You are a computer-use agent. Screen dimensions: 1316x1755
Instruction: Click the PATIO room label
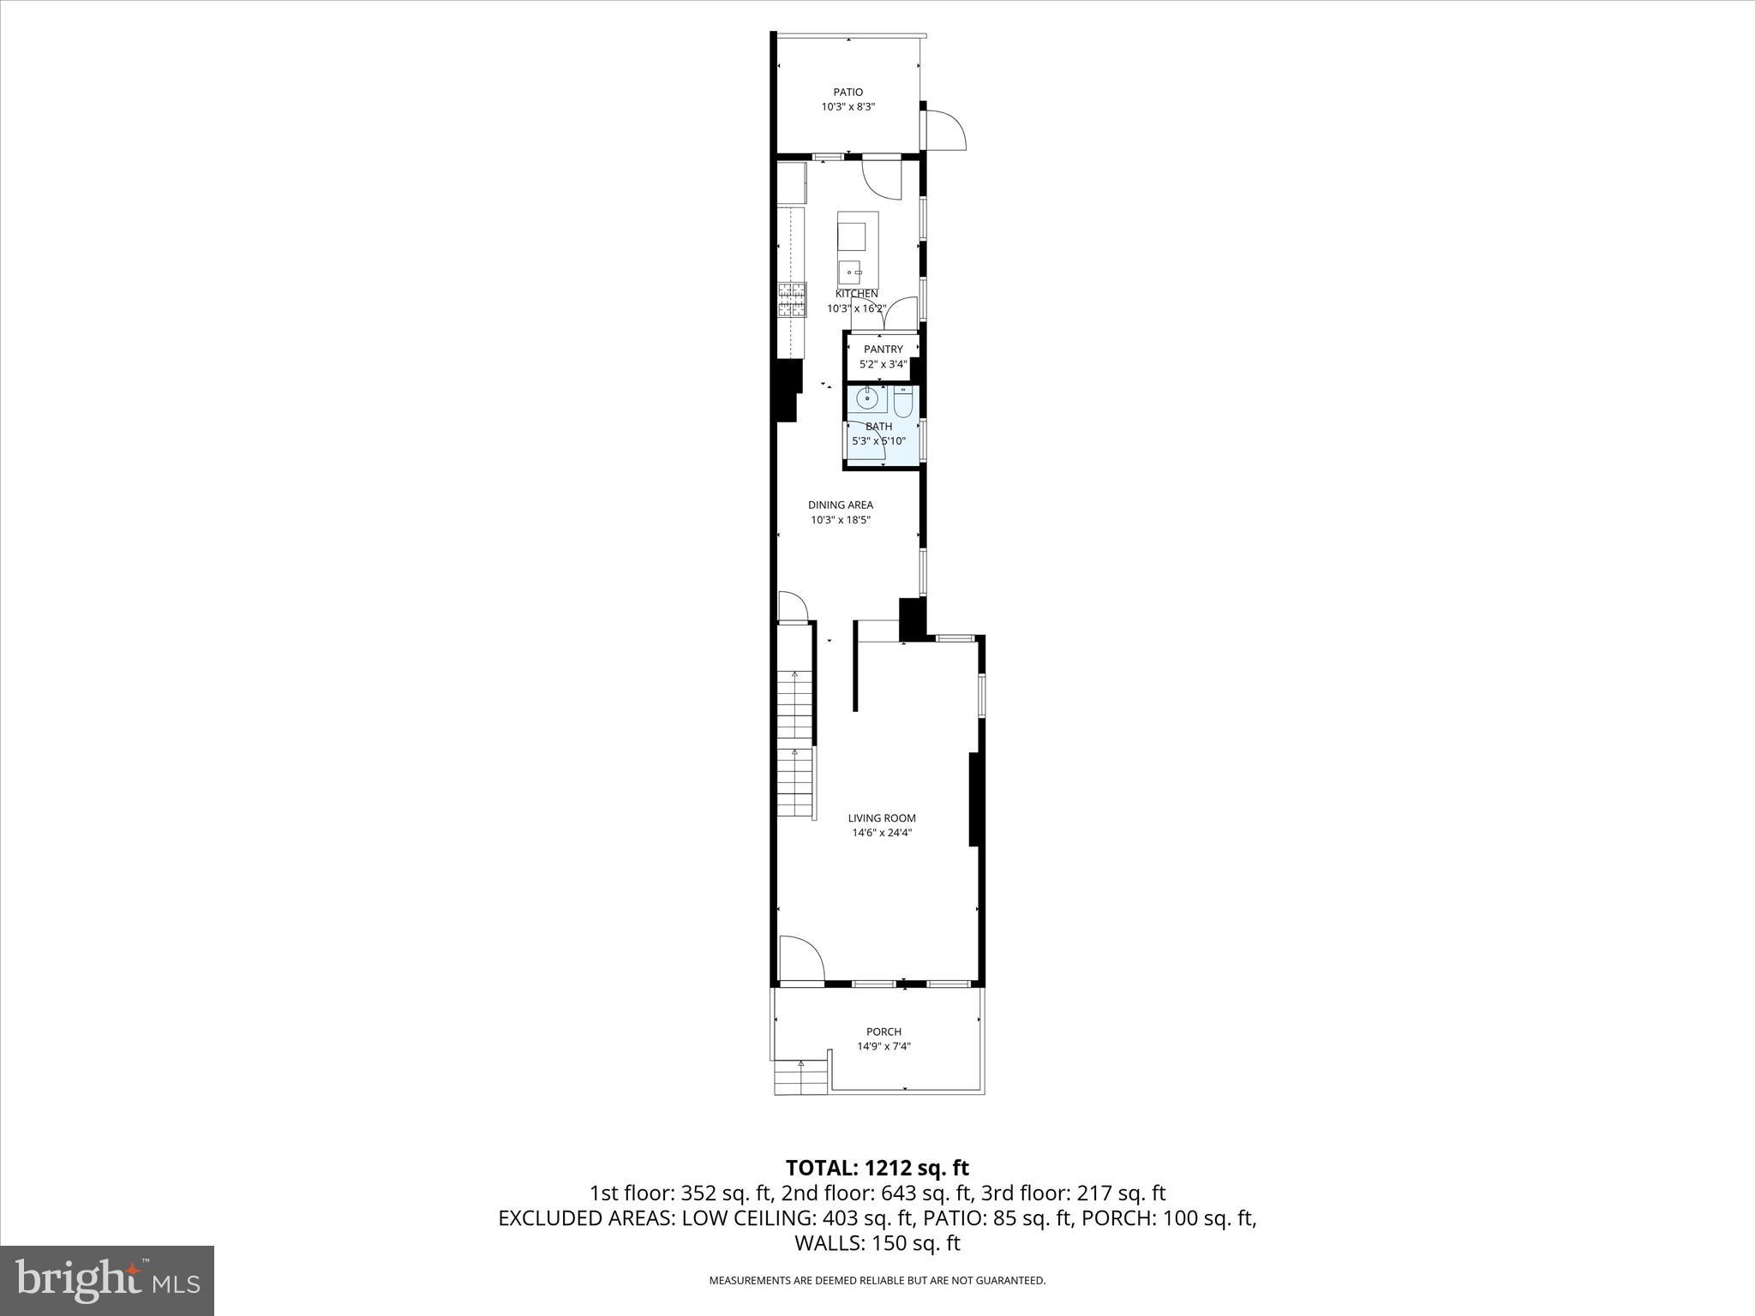pyautogui.click(x=848, y=93)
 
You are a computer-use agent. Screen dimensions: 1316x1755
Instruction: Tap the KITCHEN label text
pyautogui.click(x=856, y=294)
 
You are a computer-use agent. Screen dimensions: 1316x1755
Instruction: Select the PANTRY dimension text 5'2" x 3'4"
pyautogui.click(x=883, y=364)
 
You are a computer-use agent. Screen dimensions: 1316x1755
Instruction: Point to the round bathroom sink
pyautogui.click(x=867, y=399)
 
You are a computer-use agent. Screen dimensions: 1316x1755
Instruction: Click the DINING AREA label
pyautogui.click(x=840, y=505)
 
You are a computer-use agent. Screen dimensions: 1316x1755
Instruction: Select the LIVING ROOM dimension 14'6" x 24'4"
pyautogui.click(x=882, y=833)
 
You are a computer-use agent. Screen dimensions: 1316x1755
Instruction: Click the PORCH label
pyautogui.click(x=883, y=1032)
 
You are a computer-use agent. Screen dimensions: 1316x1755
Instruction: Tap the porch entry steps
pyautogui.click(x=801, y=1077)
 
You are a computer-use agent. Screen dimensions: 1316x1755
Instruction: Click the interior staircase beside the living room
pyautogui.click(x=794, y=744)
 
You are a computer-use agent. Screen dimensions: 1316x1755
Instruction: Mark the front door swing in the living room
pyautogui.click(x=800, y=957)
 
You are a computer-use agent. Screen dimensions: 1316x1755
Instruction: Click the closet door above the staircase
pyautogui.click(x=792, y=606)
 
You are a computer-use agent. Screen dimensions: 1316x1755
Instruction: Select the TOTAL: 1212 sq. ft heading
pyautogui.click(x=877, y=1168)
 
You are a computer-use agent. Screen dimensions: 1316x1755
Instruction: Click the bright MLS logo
pyautogui.click(x=107, y=1280)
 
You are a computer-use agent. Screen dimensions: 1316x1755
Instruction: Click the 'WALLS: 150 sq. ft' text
pyautogui.click(x=877, y=1243)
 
